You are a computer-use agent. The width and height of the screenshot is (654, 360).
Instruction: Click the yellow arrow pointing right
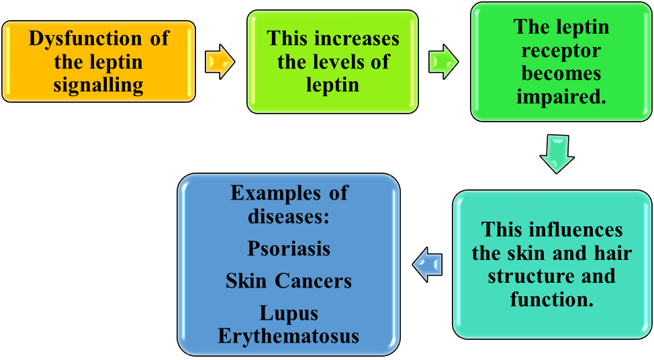click(x=220, y=62)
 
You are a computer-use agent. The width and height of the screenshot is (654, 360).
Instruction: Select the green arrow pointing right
click(x=443, y=62)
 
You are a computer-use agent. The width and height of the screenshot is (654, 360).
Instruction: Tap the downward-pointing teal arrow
click(x=557, y=154)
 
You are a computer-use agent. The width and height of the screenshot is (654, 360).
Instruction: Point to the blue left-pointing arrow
click(x=427, y=265)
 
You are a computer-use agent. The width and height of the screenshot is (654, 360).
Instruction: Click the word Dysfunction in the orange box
click(x=85, y=38)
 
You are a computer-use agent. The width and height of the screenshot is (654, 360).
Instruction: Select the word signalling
click(x=99, y=85)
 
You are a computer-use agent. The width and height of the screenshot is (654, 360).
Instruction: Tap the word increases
click(x=357, y=38)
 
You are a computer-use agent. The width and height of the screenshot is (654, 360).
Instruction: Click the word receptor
click(x=561, y=50)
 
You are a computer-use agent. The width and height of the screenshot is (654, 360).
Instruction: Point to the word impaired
click(x=561, y=97)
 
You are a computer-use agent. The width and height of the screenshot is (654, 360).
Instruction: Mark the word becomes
click(x=561, y=73)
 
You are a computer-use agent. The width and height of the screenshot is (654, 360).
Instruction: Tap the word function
click(x=551, y=299)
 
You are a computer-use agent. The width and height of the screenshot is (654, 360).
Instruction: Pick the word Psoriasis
click(x=289, y=249)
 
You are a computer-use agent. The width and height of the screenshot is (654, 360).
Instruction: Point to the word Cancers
click(x=314, y=281)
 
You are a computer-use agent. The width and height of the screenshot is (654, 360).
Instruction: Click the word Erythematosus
click(x=289, y=336)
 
